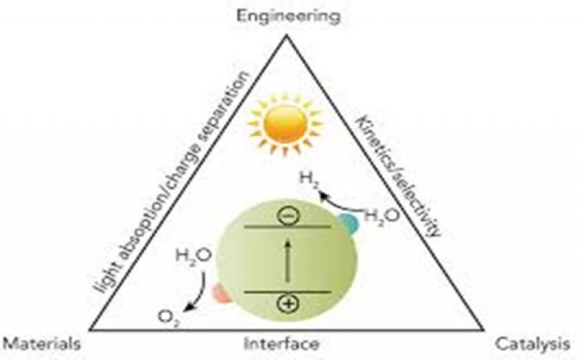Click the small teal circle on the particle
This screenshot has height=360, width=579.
(349, 224)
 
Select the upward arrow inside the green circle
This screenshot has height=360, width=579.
(287, 261)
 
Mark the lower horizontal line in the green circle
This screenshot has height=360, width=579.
(287, 291)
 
